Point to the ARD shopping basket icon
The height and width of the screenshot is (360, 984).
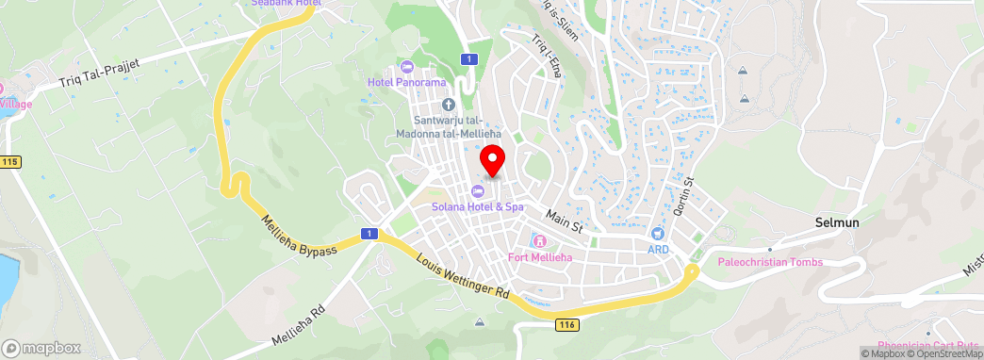(658, 233)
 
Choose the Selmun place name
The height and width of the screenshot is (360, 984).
(836, 222)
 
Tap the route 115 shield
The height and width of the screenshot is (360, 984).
(10, 162)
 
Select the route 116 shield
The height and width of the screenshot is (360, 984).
(566, 324)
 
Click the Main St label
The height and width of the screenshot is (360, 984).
(565, 221)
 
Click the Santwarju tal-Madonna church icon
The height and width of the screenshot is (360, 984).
(448, 104)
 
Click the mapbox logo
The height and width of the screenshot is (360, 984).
(41, 348)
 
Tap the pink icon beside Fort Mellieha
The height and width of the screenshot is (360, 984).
(538, 242)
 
